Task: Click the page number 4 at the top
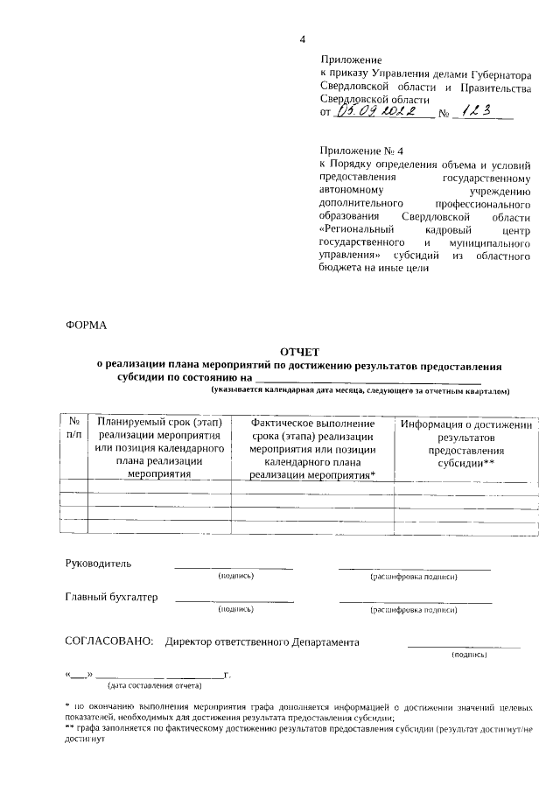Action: [x=303, y=39]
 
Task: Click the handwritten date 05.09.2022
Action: [x=383, y=112]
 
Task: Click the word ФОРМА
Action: [x=86, y=325]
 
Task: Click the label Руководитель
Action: [x=99, y=563]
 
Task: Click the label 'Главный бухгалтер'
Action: [x=111, y=598]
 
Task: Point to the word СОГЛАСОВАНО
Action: [x=108, y=641]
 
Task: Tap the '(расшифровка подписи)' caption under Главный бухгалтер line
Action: [x=415, y=610]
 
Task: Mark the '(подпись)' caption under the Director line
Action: [x=469, y=655]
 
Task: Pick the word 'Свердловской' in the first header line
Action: [x=355, y=88]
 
